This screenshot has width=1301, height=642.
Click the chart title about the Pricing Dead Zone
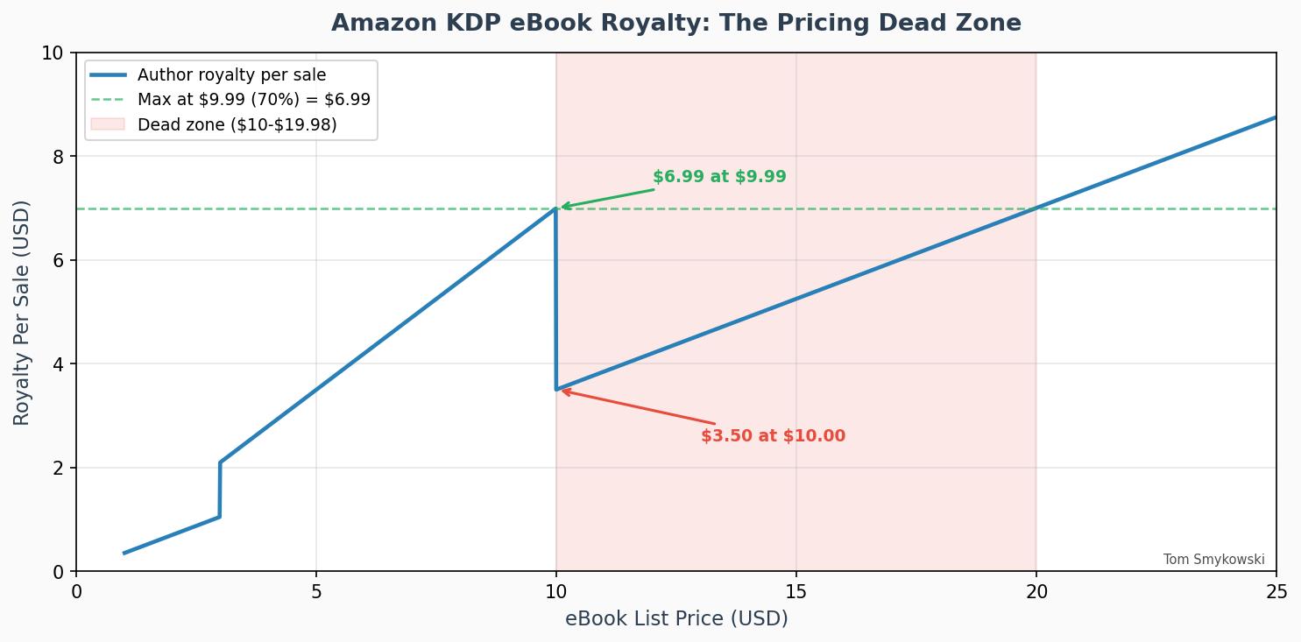tap(675, 23)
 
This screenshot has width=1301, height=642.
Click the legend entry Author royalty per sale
tap(231, 75)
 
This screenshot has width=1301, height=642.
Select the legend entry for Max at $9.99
tap(253, 100)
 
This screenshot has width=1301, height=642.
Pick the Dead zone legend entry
tap(237, 124)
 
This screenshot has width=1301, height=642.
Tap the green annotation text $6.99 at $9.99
tap(719, 177)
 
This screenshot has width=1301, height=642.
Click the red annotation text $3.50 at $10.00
tap(773, 436)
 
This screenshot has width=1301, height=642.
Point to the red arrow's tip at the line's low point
tap(562, 391)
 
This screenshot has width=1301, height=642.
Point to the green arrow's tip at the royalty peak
tap(562, 208)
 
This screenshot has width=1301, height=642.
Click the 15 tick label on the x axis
tap(795, 592)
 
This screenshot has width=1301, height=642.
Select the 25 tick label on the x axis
tap(1276, 592)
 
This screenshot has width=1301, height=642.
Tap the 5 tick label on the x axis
tap(316, 592)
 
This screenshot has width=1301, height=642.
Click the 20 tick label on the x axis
tap(1036, 592)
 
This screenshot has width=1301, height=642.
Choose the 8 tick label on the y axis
tap(59, 157)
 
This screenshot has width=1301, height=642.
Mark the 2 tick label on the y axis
tap(59, 468)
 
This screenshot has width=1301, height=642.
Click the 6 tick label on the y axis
tap(59, 260)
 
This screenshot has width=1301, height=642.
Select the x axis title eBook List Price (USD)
tap(675, 619)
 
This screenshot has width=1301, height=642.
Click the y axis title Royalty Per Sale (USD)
tap(22, 313)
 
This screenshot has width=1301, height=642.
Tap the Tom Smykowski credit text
tap(1213, 560)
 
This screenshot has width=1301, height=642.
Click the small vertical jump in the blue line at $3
tap(220, 490)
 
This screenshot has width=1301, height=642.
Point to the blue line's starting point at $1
tap(124, 553)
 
